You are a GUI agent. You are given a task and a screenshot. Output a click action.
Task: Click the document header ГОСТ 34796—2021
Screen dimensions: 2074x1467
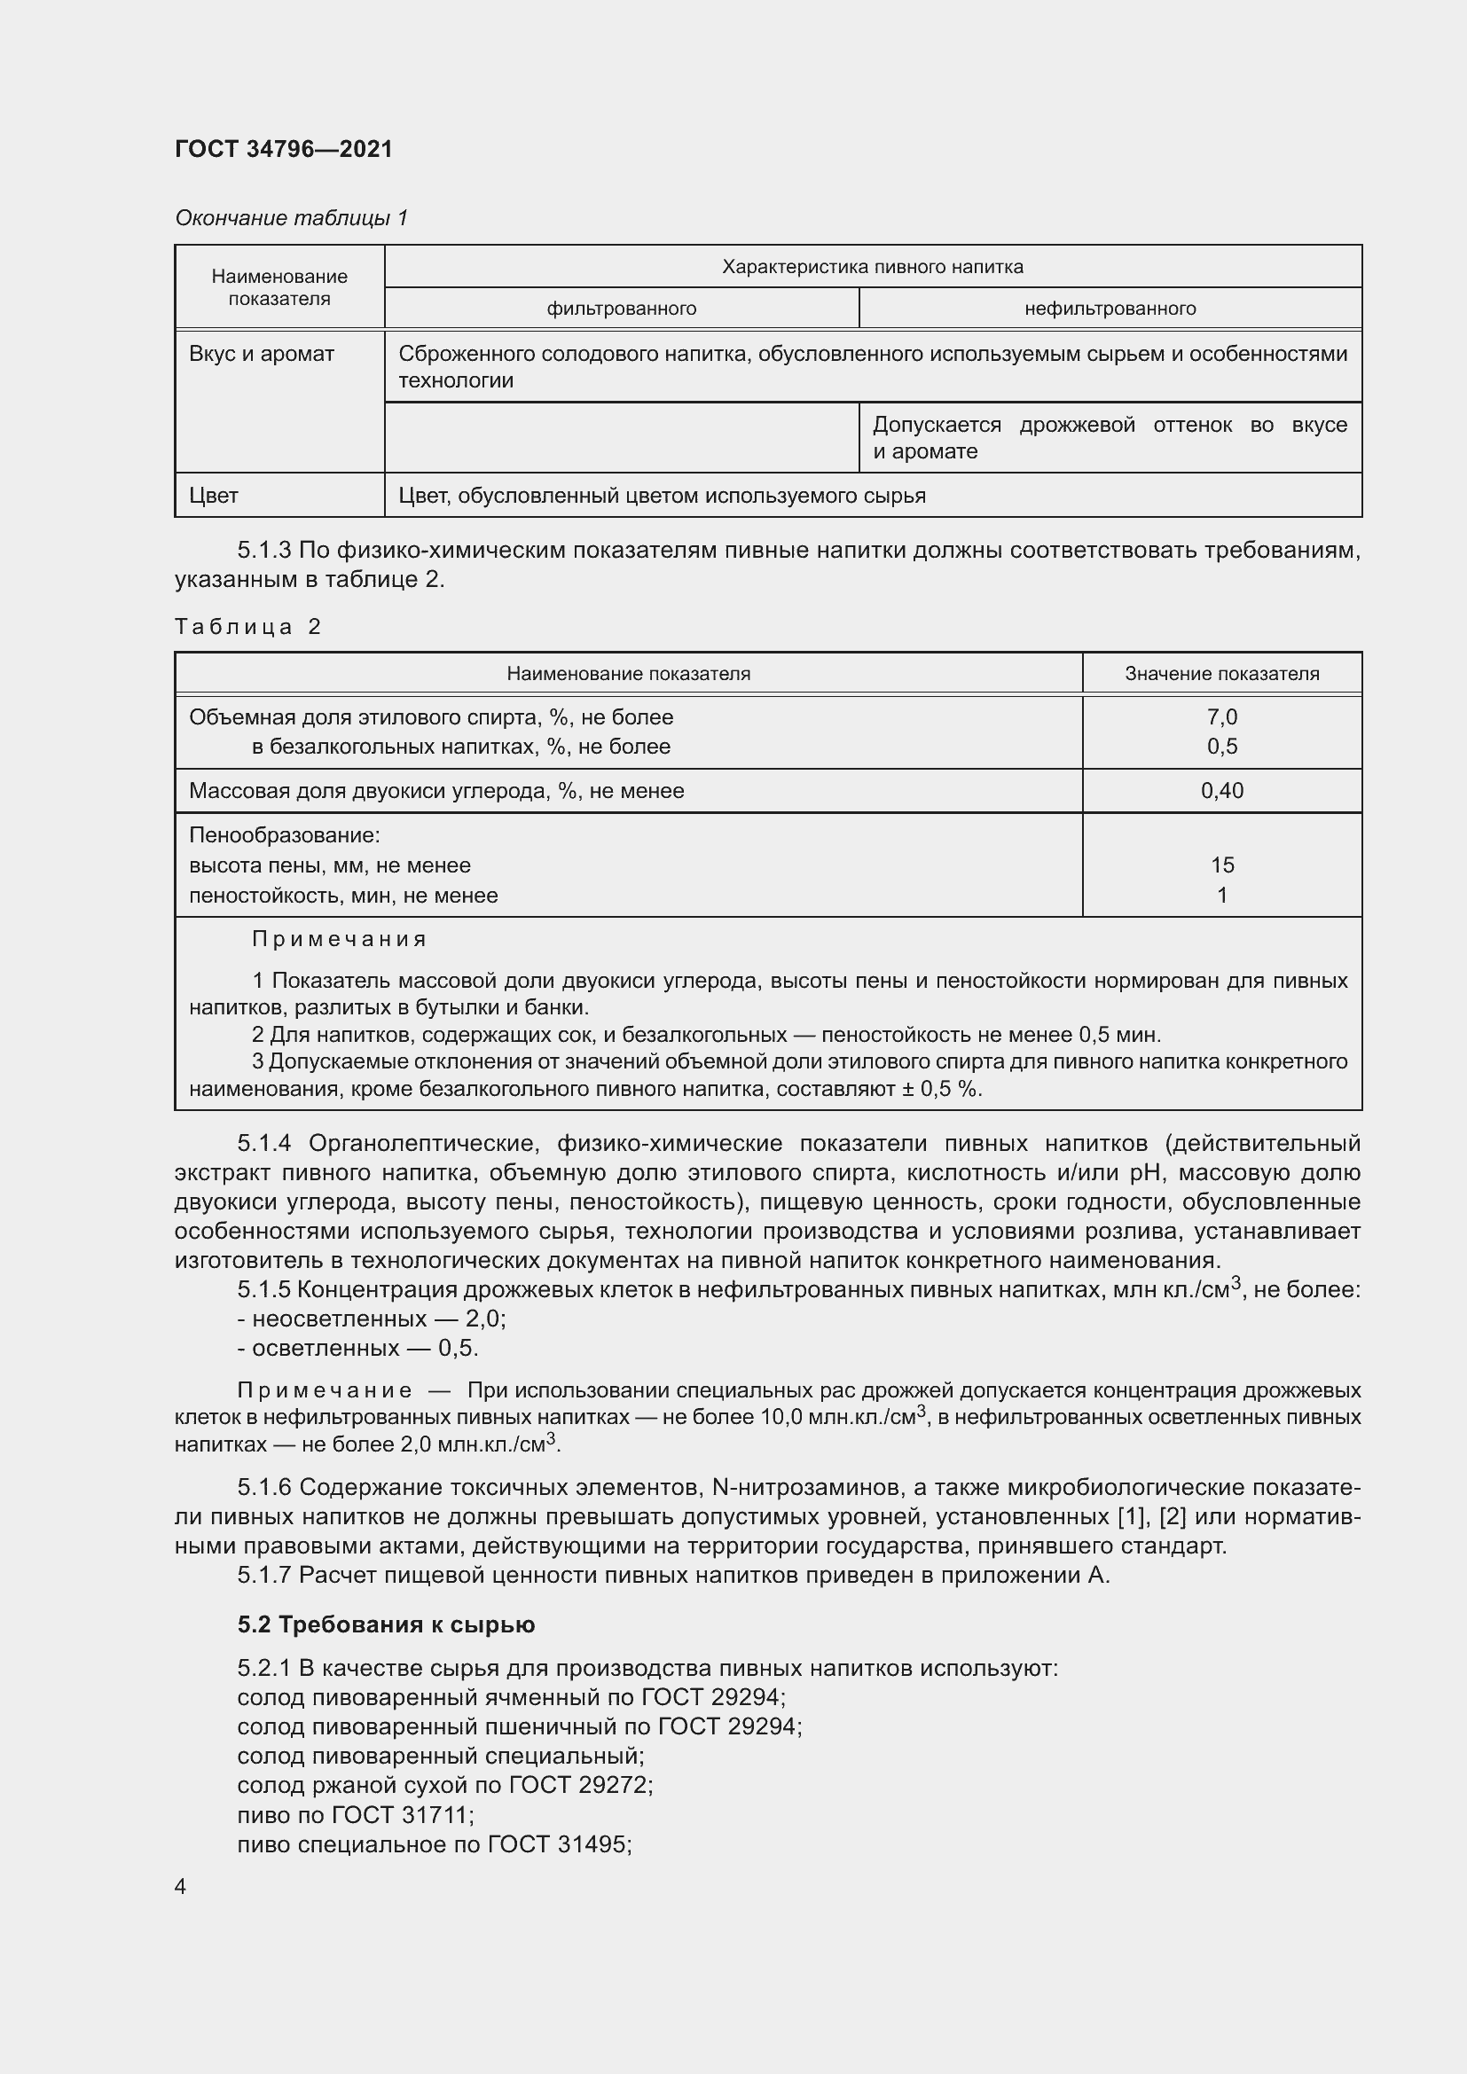coord(284,149)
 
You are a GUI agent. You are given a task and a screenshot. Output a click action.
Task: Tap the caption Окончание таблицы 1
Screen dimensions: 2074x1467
coord(291,218)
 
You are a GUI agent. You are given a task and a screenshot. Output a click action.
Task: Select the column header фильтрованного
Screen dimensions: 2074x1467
coord(622,309)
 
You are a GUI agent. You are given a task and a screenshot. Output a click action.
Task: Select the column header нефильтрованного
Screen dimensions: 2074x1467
coord(1110,309)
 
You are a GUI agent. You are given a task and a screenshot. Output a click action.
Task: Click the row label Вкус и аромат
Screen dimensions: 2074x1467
coord(261,354)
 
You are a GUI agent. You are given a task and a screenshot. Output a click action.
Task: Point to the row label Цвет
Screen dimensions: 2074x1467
coord(213,496)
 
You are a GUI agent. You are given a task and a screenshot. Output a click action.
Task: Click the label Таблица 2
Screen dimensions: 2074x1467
coord(247,627)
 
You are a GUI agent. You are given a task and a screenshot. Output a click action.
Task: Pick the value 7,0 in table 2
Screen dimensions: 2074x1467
coord(1221,717)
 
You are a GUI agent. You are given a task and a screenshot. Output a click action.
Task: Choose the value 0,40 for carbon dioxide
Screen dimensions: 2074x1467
coord(1221,791)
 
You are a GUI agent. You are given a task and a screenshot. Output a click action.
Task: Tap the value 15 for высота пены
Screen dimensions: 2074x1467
coord(1221,865)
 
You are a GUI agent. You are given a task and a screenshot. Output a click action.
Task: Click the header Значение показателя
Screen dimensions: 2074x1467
coord(1221,674)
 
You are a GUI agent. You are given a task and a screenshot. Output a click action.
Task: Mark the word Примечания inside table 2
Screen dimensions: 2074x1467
coord(339,939)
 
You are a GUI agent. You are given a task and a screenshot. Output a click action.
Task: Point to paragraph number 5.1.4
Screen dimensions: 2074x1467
coord(263,1144)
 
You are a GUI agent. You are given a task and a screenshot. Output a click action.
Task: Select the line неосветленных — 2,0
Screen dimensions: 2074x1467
coord(372,1319)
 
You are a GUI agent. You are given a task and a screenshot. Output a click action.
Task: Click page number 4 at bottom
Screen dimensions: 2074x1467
coord(181,1887)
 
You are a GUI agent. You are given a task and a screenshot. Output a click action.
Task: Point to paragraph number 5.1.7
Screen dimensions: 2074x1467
coord(263,1576)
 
